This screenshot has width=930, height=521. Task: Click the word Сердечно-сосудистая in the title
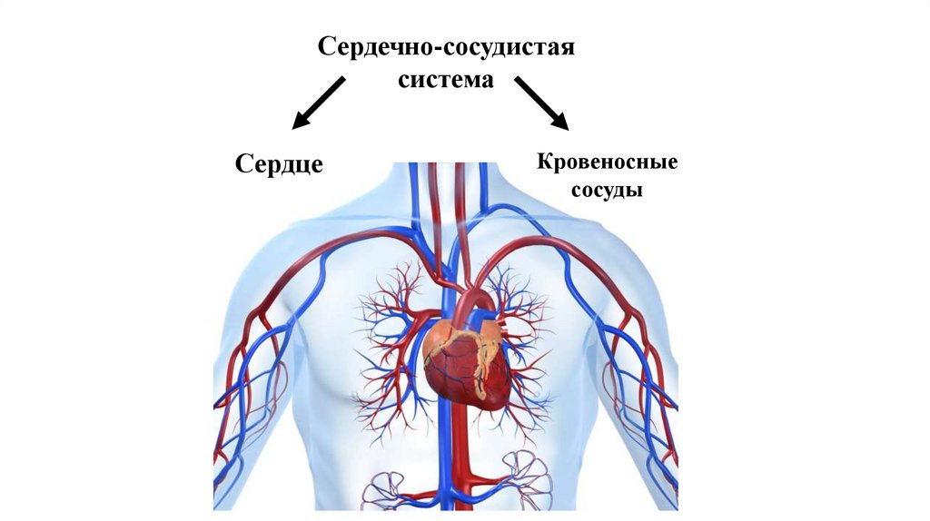pyautogui.click(x=446, y=46)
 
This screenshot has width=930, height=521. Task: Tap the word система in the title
pyautogui.click(x=446, y=80)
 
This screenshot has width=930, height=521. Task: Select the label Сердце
pyautogui.click(x=279, y=164)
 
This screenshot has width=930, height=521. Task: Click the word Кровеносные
pyautogui.click(x=608, y=164)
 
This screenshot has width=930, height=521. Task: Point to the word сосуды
pyautogui.click(x=608, y=192)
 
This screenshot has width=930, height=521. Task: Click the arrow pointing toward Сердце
pyautogui.click(x=318, y=102)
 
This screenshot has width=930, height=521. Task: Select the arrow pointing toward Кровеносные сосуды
pyautogui.click(x=541, y=102)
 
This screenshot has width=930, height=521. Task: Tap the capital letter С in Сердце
pyautogui.click(x=242, y=164)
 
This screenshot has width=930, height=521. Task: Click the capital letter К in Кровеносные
pyautogui.click(x=544, y=164)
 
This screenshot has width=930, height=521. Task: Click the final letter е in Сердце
pyautogui.click(x=316, y=166)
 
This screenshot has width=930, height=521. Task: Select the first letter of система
pyautogui.click(x=404, y=80)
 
